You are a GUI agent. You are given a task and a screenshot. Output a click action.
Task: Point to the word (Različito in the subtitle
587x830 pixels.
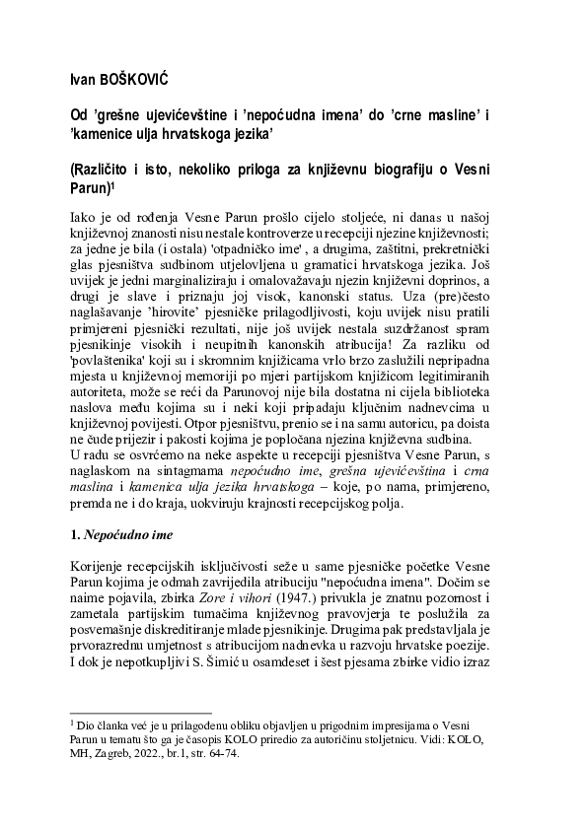[106, 171]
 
